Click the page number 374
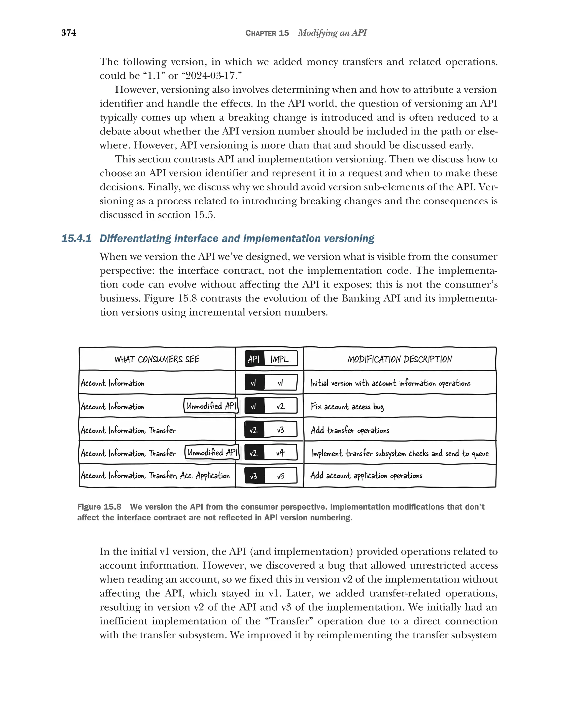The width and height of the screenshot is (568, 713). click(x=69, y=33)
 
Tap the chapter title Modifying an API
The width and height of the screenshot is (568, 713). click(x=332, y=33)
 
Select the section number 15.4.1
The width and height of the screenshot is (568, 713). click(x=76, y=238)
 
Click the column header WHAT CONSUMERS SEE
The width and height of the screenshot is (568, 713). click(x=157, y=359)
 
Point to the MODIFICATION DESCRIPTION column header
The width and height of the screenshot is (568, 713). click(x=399, y=359)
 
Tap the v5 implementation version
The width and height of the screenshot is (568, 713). click(x=280, y=476)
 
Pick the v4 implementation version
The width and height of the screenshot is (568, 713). click(x=280, y=453)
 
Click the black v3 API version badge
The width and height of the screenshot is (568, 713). click(x=253, y=476)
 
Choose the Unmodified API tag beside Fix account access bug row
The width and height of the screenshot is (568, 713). click(x=211, y=406)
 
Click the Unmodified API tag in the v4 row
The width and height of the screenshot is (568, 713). click(x=212, y=452)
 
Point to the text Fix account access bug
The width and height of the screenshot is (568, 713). click(x=347, y=406)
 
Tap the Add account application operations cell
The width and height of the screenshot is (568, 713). click(x=366, y=475)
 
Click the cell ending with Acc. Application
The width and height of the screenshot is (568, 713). click(x=155, y=475)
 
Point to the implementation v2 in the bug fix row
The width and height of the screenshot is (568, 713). click(x=280, y=406)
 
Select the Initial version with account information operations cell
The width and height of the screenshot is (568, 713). click(x=390, y=383)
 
